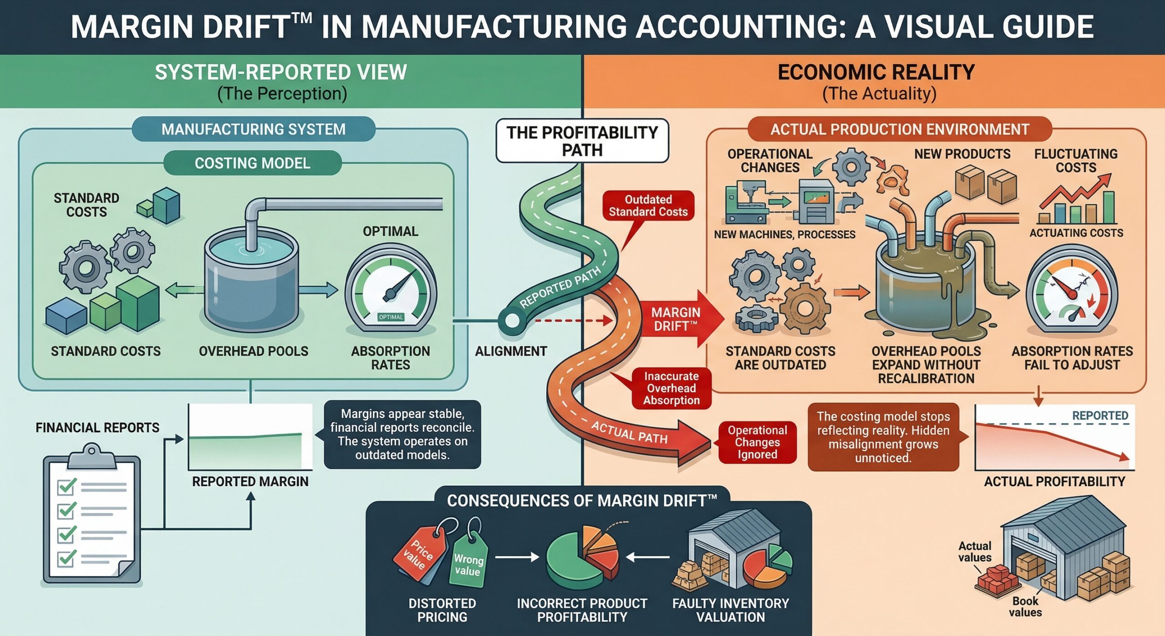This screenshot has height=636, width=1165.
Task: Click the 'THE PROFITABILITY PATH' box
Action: tap(582, 141)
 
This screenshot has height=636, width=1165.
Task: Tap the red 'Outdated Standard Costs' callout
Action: tap(648, 206)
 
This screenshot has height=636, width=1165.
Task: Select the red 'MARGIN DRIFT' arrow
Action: tap(678, 319)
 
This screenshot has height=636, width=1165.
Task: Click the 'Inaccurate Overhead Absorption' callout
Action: tap(671, 388)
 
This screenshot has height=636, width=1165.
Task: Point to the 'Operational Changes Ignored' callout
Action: tap(757, 442)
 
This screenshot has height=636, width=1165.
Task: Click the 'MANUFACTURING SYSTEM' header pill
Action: tap(253, 129)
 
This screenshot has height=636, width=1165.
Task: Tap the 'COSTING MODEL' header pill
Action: tap(253, 163)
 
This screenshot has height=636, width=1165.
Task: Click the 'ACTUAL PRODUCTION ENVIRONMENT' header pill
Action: tap(900, 129)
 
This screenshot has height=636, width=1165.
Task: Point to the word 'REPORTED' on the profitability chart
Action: tap(1100, 415)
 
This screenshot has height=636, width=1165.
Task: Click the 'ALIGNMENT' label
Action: tap(511, 351)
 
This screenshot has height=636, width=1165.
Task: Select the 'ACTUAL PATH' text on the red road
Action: tap(629, 432)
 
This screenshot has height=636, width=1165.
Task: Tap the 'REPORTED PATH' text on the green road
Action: tap(560, 287)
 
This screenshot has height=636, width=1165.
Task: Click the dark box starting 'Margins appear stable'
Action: tap(402, 434)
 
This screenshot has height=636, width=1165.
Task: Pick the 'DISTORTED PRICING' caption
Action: tap(442, 610)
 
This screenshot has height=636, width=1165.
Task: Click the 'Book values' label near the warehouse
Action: tap(1025, 606)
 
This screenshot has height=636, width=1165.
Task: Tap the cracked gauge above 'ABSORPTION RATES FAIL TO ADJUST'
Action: tap(1072, 292)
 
